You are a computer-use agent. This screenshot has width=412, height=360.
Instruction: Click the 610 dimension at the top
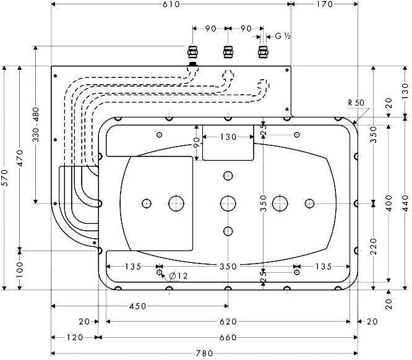[x=171, y=5]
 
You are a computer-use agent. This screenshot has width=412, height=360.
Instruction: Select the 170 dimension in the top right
[x=323, y=5]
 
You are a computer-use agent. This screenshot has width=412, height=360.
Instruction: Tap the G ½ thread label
[x=283, y=36]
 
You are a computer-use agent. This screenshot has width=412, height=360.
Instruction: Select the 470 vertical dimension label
[x=21, y=157]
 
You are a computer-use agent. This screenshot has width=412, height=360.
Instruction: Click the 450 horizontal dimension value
[x=139, y=306]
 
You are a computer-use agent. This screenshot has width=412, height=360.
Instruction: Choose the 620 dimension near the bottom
[x=228, y=322]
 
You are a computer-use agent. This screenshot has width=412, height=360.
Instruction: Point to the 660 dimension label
[x=228, y=338]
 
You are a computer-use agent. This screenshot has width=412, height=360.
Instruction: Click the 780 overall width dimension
[x=205, y=354]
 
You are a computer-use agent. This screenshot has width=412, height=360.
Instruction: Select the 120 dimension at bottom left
[x=74, y=338]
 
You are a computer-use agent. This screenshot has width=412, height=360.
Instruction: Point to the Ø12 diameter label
[x=178, y=276]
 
